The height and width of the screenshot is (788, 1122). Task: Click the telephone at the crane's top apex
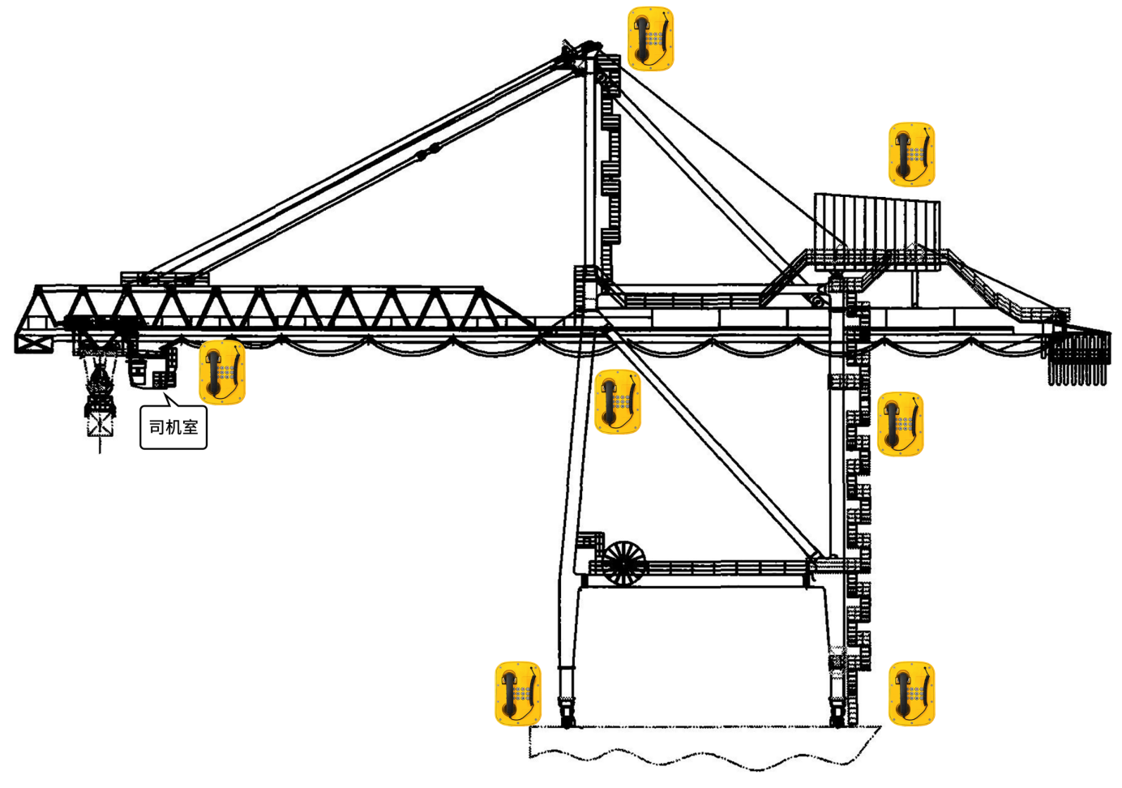[650, 39]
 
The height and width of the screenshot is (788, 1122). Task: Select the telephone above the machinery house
[911, 154]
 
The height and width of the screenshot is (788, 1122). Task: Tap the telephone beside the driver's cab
[222, 372]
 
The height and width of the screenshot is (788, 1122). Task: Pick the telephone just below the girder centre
[618, 401]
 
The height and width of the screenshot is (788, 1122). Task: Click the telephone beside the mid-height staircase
[900, 424]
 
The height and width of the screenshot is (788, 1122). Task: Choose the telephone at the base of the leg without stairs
[517, 693]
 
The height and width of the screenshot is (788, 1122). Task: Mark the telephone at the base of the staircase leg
[911, 693]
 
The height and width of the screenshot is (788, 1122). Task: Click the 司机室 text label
[173, 427]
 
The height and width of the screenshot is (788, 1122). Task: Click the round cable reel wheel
[623, 562]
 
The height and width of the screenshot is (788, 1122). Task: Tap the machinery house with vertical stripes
[877, 231]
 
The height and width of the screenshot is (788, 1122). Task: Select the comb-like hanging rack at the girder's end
[1078, 357]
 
